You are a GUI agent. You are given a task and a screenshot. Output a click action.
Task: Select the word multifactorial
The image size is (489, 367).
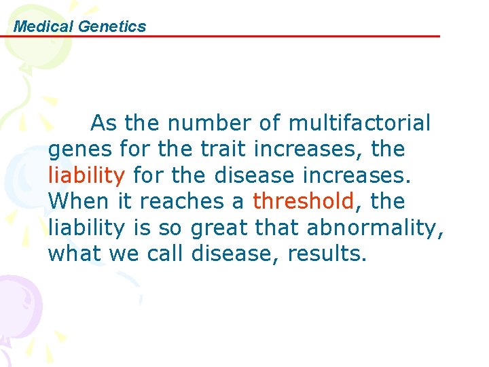click(359, 123)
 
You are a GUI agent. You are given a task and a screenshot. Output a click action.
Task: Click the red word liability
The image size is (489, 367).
click(86, 175)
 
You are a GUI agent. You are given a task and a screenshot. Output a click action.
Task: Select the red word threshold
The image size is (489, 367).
click(304, 201)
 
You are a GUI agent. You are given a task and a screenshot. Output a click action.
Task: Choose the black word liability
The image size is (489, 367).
click(86, 228)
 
